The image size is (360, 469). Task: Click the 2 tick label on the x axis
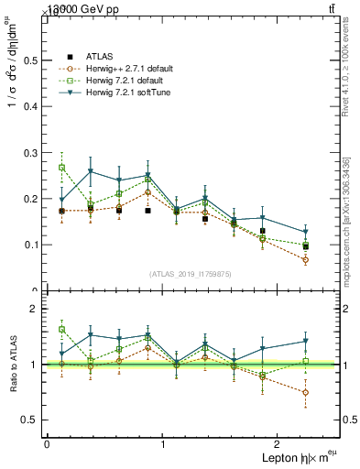coord(278,444)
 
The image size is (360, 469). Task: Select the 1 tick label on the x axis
coord(163,444)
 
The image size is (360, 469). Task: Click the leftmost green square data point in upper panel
coord(61,168)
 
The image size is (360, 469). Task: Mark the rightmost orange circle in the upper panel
coord(306,260)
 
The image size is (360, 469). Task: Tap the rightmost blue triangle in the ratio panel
coord(306,341)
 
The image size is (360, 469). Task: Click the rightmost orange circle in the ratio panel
coord(306,392)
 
